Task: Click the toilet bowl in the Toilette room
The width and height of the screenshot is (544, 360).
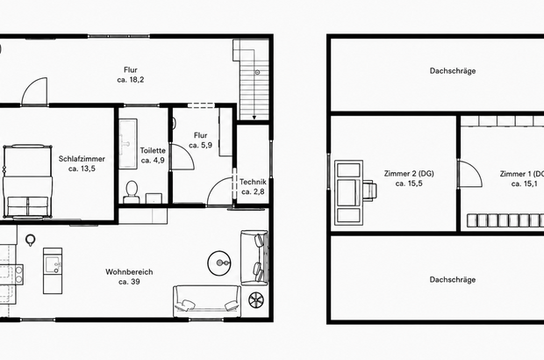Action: coord(131,191)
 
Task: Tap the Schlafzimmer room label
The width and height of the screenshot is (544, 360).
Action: coord(82,159)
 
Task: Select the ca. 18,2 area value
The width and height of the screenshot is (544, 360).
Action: coord(131,80)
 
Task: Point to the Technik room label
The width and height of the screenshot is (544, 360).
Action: coord(253,182)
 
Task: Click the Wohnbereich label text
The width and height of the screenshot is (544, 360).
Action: coord(129,272)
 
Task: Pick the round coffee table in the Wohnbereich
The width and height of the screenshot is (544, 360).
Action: coord(219,263)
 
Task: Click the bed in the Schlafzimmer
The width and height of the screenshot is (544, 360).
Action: coord(28,182)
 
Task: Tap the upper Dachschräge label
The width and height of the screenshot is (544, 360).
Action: coord(453,71)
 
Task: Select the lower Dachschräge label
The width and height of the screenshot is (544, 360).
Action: coord(453,280)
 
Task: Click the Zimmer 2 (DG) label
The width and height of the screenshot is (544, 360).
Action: coord(409,174)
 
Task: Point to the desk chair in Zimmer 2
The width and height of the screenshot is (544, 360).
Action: coord(370,191)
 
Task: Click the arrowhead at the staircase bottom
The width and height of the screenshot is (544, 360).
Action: coord(254,118)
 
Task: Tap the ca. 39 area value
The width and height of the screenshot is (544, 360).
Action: coord(129,282)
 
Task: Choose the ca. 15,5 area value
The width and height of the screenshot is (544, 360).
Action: coord(409,184)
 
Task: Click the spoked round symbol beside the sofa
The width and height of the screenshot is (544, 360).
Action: coord(256,300)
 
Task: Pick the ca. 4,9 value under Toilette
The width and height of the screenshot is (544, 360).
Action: coord(153,161)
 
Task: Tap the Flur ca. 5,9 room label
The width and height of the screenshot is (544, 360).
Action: coord(201,140)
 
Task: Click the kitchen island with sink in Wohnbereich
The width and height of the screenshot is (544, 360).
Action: coord(53,270)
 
